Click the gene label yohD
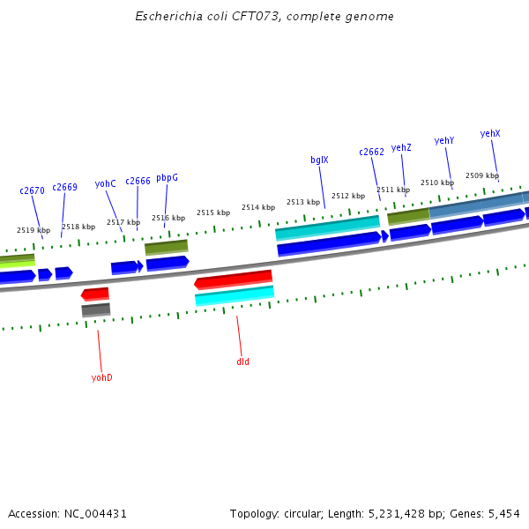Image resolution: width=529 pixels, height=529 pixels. tap(101, 377)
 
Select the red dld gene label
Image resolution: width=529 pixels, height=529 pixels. tap(242, 361)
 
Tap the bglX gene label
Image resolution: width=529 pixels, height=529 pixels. tap(319, 160)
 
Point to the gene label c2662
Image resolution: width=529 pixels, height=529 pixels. tap(371, 152)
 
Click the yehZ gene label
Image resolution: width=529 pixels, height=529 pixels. tap(401, 147)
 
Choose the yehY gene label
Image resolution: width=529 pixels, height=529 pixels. tap(444, 140)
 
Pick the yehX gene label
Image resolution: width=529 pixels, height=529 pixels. tap(490, 133)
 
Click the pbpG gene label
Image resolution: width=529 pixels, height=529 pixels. tap(167, 177)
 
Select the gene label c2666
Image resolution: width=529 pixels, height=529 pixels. tap(138, 181)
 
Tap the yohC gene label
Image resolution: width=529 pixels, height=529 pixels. tap(106, 183)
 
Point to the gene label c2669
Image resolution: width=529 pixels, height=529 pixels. tap(64, 187)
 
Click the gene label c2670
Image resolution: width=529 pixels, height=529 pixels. tap(32, 190)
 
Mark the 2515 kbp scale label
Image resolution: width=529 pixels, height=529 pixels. tap(212, 212)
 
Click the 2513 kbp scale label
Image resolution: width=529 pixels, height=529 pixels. tap(302, 202)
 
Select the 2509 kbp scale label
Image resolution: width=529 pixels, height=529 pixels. tap(481, 175)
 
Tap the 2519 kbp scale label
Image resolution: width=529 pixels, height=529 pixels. tap(33, 230)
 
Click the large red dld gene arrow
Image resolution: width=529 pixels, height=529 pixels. tap(234, 280)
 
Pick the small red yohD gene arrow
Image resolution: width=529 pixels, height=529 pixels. tap(95, 294)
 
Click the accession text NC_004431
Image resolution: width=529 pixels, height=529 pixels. tap(93, 513)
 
